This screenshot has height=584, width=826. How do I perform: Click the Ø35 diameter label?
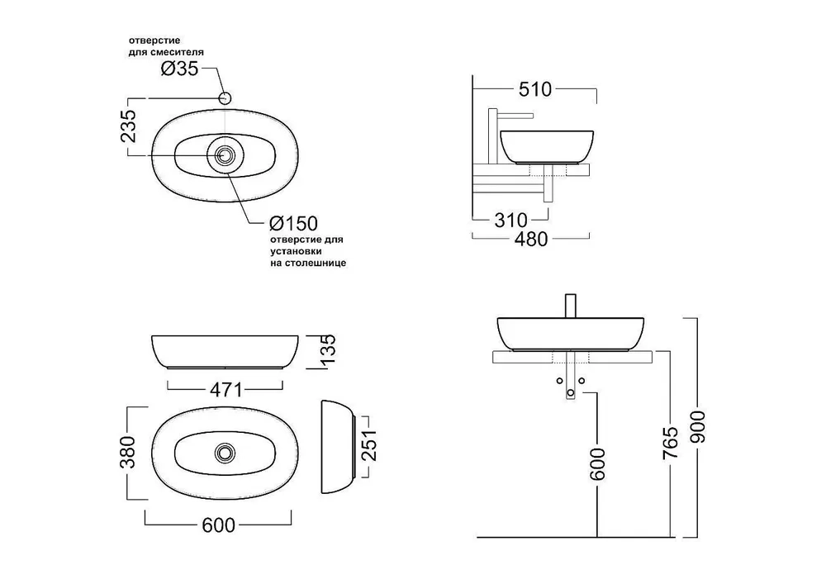pos(179,69)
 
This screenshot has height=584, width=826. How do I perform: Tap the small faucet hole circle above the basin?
pos(224,98)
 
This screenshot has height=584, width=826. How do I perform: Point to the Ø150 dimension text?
pos(293,224)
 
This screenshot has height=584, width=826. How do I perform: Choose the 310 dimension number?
pos(510,221)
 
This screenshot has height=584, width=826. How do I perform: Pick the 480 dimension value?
pos(529,239)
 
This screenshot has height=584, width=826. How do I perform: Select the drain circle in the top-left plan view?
pos(224,155)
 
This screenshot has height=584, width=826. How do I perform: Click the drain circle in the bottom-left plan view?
pos(223,452)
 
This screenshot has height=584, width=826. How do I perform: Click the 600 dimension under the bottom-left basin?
pos(220,525)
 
